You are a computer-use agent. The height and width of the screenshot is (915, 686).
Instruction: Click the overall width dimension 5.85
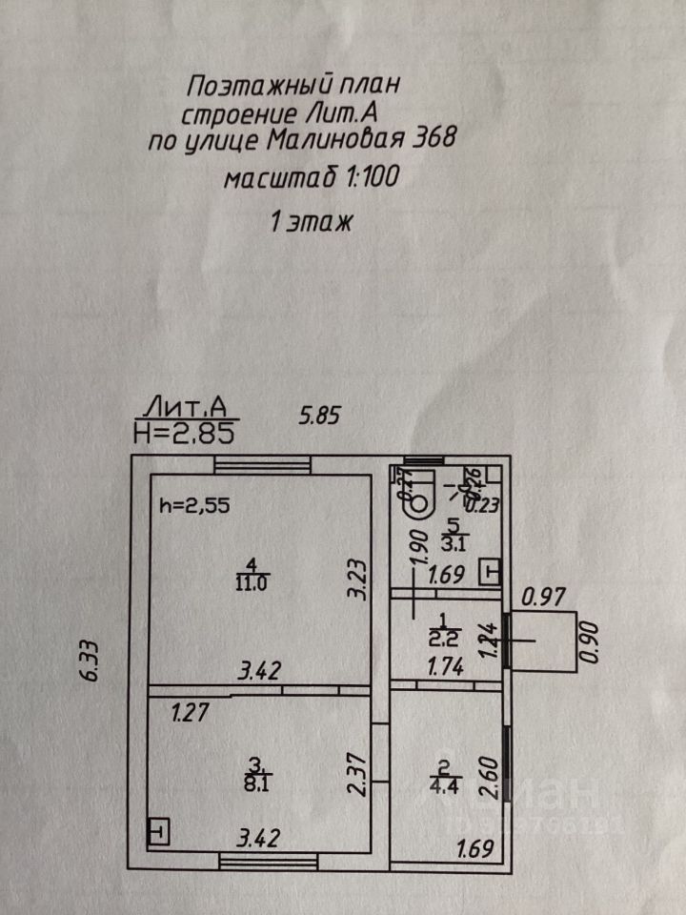click(x=319, y=416)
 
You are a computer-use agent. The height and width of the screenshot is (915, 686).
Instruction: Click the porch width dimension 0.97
click(x=545, y=598)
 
